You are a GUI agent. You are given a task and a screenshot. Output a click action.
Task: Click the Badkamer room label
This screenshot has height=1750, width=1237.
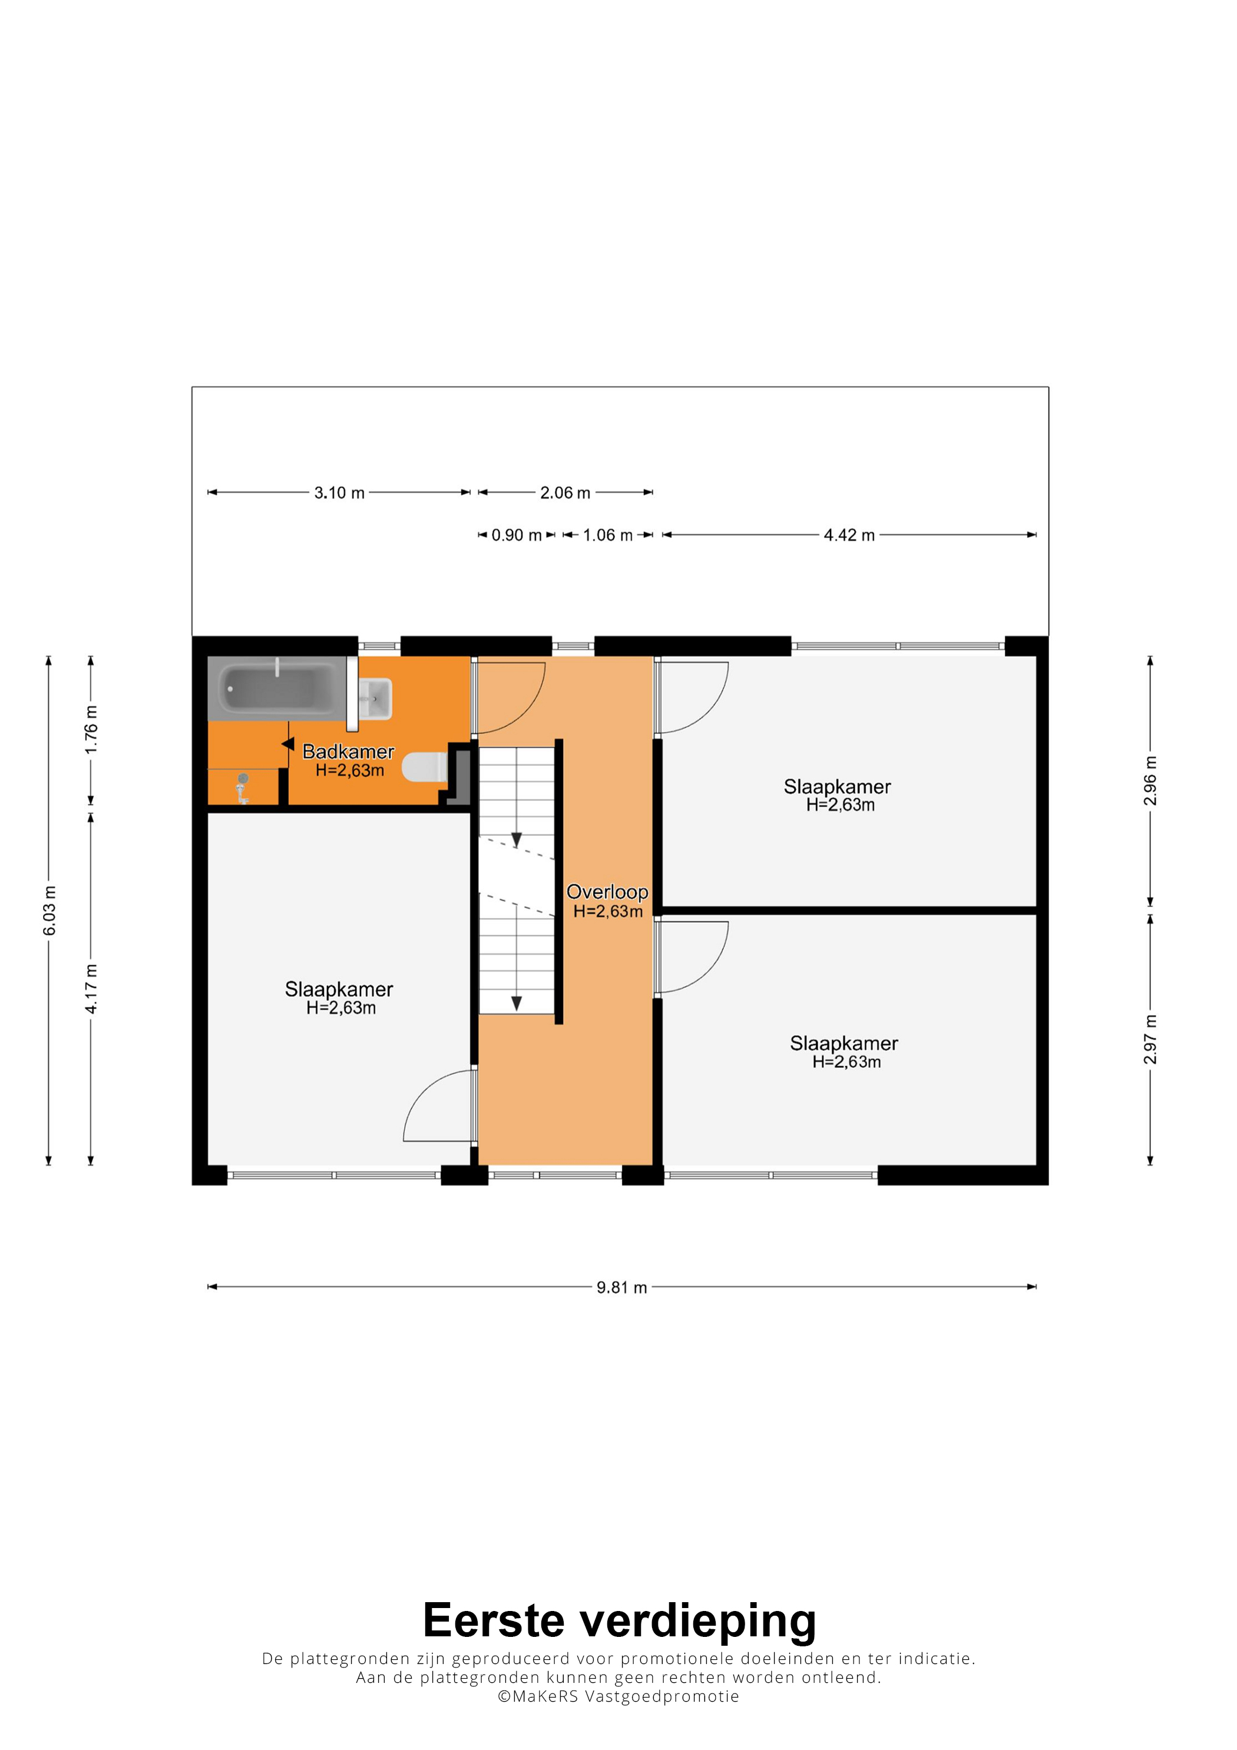coord(348,752)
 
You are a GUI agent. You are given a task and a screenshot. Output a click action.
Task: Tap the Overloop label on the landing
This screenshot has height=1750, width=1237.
coord(607,892)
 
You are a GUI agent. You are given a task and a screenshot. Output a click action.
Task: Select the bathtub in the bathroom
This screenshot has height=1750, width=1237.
coord(277,688)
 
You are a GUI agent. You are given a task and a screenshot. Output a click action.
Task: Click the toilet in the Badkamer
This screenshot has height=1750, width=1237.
coord(425,768)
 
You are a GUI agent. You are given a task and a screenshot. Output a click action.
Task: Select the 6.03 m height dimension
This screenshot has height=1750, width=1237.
coord(49,911)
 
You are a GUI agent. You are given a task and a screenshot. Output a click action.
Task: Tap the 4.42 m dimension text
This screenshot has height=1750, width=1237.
coord(849,535)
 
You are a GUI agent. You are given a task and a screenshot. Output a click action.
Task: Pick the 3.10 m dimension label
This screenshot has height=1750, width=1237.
coord(339,493)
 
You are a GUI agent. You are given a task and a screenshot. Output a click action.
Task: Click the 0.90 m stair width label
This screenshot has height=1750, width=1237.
coord(517,535)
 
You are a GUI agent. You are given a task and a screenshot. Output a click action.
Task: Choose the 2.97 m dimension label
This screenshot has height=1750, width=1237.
coord(1150,1040)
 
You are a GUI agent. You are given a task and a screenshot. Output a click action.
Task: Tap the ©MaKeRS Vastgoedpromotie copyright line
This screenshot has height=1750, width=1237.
coord(618,1696)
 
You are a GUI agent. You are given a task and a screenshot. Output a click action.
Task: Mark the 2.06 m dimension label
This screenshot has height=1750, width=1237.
coord(565,493)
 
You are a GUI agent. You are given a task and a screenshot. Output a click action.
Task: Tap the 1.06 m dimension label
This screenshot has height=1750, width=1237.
coord(607,535)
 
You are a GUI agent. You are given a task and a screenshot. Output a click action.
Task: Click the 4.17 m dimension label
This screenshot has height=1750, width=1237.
coord(91,988)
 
